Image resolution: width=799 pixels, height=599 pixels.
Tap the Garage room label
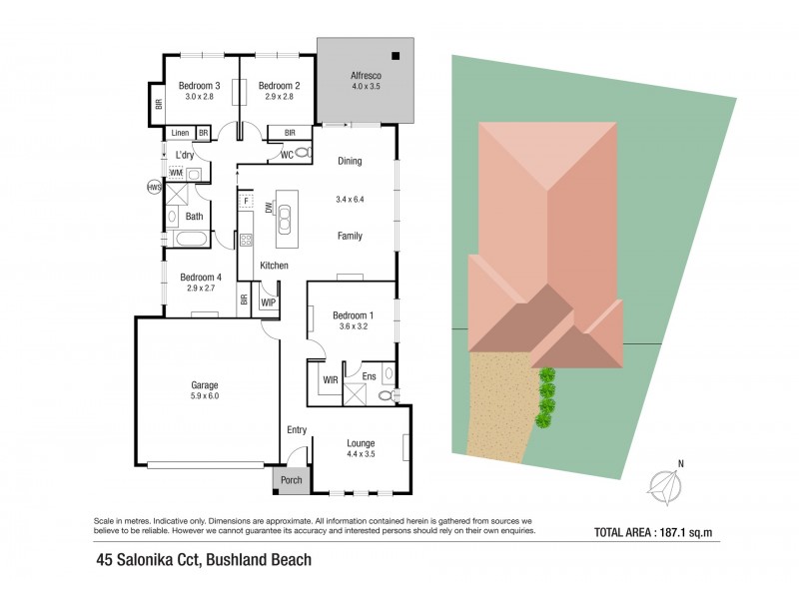[x=205, y=384]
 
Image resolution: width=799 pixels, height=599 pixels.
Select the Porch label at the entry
[x=291, y=480]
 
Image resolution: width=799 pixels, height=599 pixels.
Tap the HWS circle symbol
[x=154, y=187]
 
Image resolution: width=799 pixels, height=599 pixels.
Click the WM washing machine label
[x=176, y=174]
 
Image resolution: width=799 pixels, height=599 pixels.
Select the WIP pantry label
[x=269, y=300]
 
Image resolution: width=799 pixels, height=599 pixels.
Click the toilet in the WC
[x=302, y=154]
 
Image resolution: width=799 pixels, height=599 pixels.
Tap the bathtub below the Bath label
[x=189, y=239]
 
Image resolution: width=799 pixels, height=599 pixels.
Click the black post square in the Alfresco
[x=397, y=55]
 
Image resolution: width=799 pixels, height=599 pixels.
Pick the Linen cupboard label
[x=181, y=133]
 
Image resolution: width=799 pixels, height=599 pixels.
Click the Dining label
[x=350, y=161]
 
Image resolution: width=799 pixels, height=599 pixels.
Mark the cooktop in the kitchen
[x=245, y=240]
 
